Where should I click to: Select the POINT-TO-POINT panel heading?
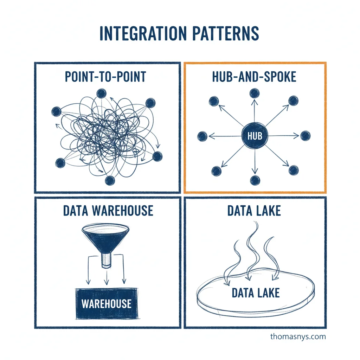pyautogui.click(x=105, y=77)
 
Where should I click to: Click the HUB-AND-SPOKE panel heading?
pyautogui.click(x=254, y=77)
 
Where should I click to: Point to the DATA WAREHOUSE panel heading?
pyautogui.click(x=108, y=211)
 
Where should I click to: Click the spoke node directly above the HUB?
pyautogui.click(x=254, y=93)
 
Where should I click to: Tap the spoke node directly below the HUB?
pyautogui.click(x=255, y=180)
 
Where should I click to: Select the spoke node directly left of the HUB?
pyautogui.click(x=202, y=136)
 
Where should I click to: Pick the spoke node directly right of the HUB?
pyautogui.click(x=305, y=136)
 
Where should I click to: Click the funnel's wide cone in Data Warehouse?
pyautogui.click(x=104, y=238)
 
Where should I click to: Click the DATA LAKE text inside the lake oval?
pyautogui.click(x=256, y=293)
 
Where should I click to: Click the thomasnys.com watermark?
pyautogui.click(x=298, y=336)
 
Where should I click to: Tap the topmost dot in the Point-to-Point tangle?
pyautogui.click(x=101, y=94)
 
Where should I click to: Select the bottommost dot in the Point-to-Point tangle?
pyautogui.click(x=110, y=181)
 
